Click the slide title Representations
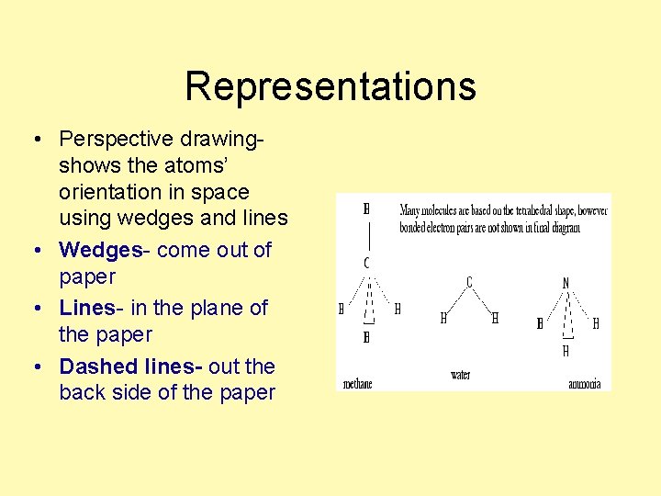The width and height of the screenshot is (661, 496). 330,86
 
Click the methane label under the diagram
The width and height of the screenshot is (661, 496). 358,384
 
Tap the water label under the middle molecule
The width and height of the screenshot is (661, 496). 460,375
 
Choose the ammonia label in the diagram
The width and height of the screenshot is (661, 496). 585,384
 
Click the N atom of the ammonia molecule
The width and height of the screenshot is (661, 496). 566,284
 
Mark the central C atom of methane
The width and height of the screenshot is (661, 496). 366,264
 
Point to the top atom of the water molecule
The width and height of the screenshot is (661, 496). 469,281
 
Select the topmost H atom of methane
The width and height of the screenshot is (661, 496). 366,209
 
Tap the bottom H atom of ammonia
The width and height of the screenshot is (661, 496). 566,351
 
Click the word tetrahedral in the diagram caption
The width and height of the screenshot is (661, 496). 539,210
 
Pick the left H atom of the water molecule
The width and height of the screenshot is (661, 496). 443,319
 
